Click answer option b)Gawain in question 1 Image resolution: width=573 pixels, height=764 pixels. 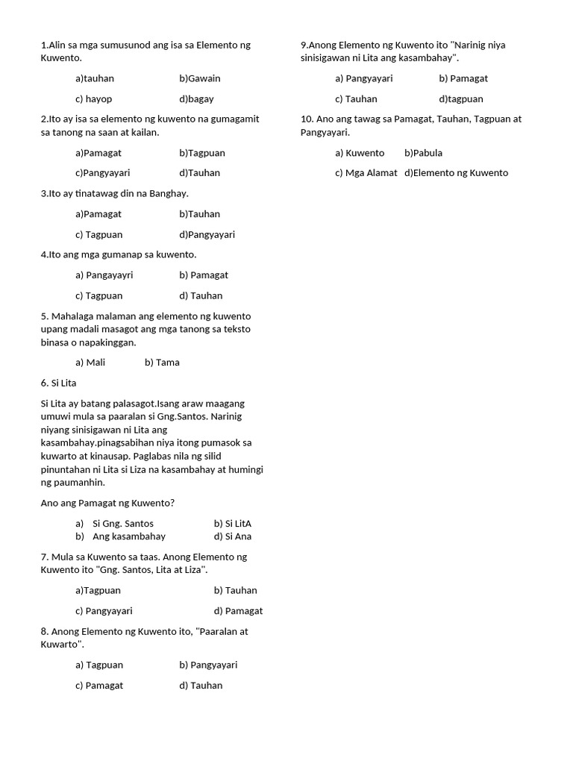point(199,78)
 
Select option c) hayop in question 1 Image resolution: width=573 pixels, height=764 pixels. point(93,98)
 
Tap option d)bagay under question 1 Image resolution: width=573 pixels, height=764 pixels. point(196,98)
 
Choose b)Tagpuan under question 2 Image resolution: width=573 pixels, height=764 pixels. point(201,153)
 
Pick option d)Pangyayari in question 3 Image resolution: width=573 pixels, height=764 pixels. point(207,234)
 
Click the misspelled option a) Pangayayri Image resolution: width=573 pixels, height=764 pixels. point(104,275)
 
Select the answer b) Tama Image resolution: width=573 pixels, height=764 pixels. point(162,363)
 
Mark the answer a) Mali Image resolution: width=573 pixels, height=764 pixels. point(90,363)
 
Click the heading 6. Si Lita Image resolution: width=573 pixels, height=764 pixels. point(59,383)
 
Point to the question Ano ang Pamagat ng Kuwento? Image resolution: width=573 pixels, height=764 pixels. point(107,503)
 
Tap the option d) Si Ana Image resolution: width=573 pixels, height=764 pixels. point(232,536)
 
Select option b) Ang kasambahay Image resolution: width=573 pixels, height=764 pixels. point(120,536)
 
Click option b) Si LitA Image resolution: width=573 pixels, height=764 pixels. point(232,524)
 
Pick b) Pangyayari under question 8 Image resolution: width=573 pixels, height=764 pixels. point(208,665)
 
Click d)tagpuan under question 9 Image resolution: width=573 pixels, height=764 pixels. point(461,98)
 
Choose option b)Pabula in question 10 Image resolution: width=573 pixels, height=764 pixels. point(423,153)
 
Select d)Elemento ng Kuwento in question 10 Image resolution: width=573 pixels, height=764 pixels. point(456,173)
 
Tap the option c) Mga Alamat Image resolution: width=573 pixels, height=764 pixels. point(366,173)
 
